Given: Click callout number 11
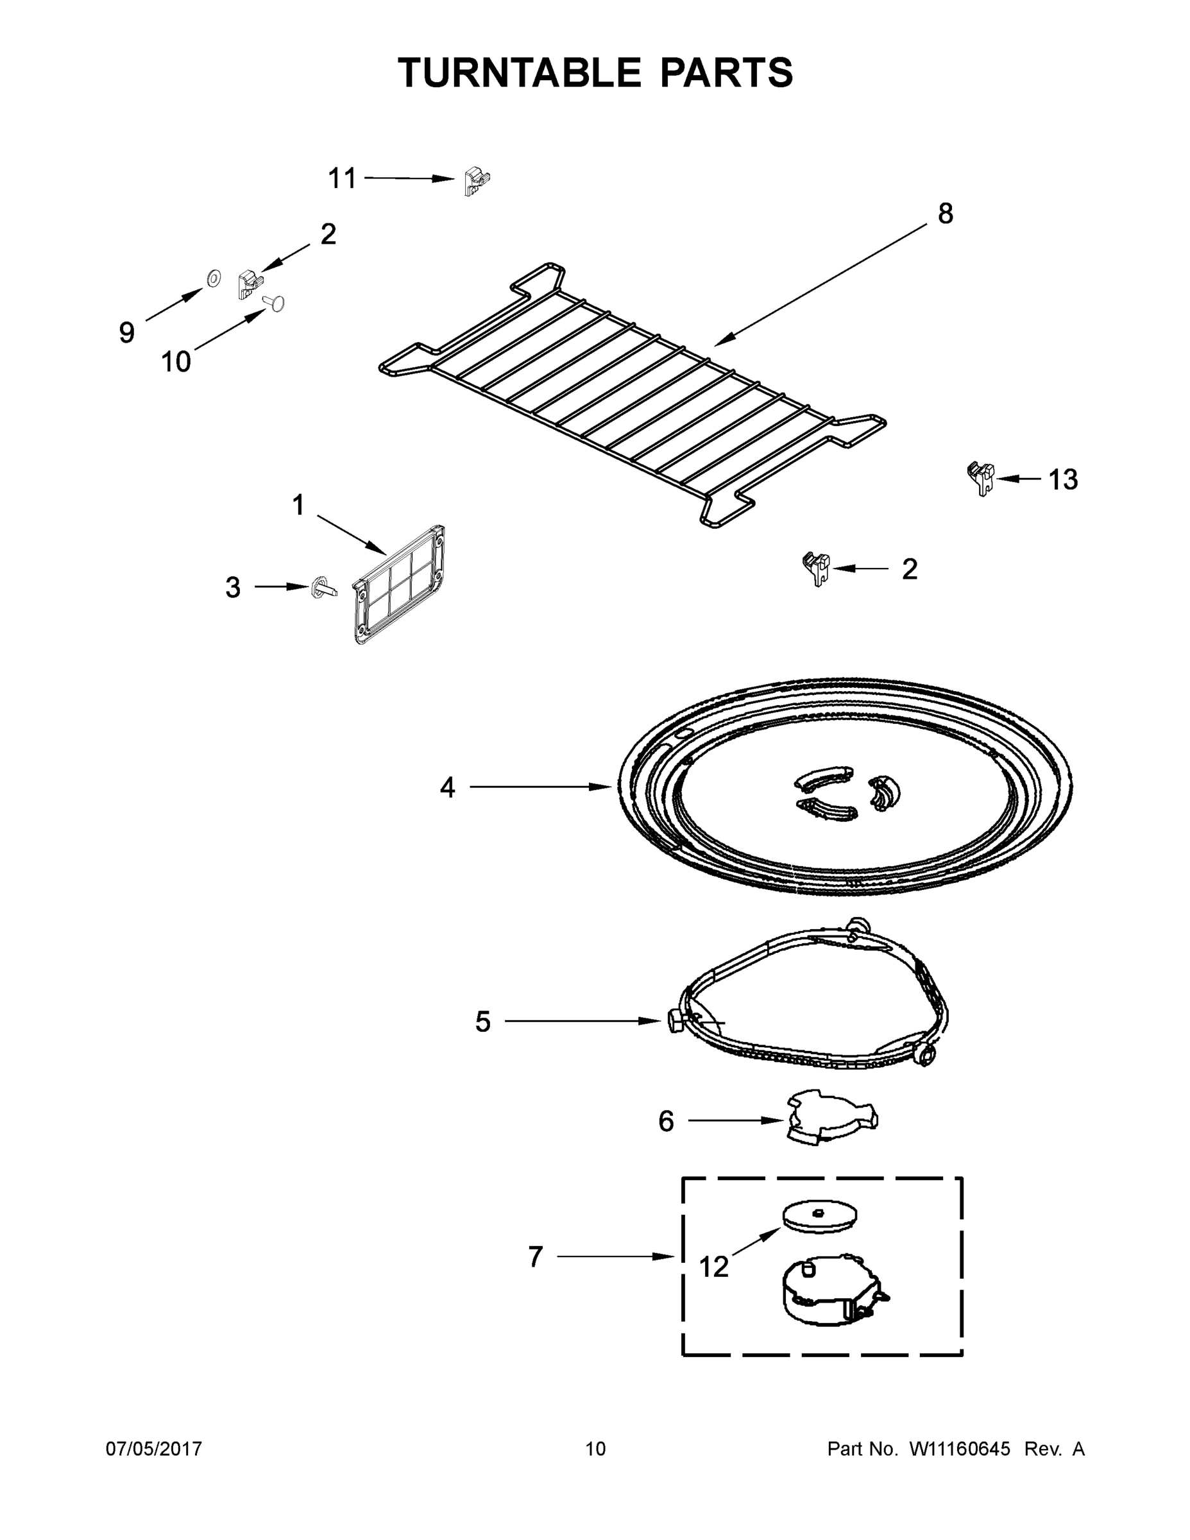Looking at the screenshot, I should [x=343, y=178].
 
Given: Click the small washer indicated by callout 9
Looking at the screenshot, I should [x=212, y=278].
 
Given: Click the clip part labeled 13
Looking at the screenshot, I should [x=982, y=477].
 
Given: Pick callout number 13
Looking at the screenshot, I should [x=1062, y=479].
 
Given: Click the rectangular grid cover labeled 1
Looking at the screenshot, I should [x=399, y=584].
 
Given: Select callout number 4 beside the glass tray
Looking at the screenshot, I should [x=448, y=787].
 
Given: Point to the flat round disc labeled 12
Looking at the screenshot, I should [x=820, y=1217].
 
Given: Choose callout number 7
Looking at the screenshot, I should [x=536, y=1256].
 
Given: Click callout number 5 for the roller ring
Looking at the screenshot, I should [x=482, y=1021].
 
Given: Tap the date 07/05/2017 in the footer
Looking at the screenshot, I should [x=154, y=1448].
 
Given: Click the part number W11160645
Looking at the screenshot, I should [x=960, y=1448].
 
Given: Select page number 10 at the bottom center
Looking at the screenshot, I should [x=595, y=1448].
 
